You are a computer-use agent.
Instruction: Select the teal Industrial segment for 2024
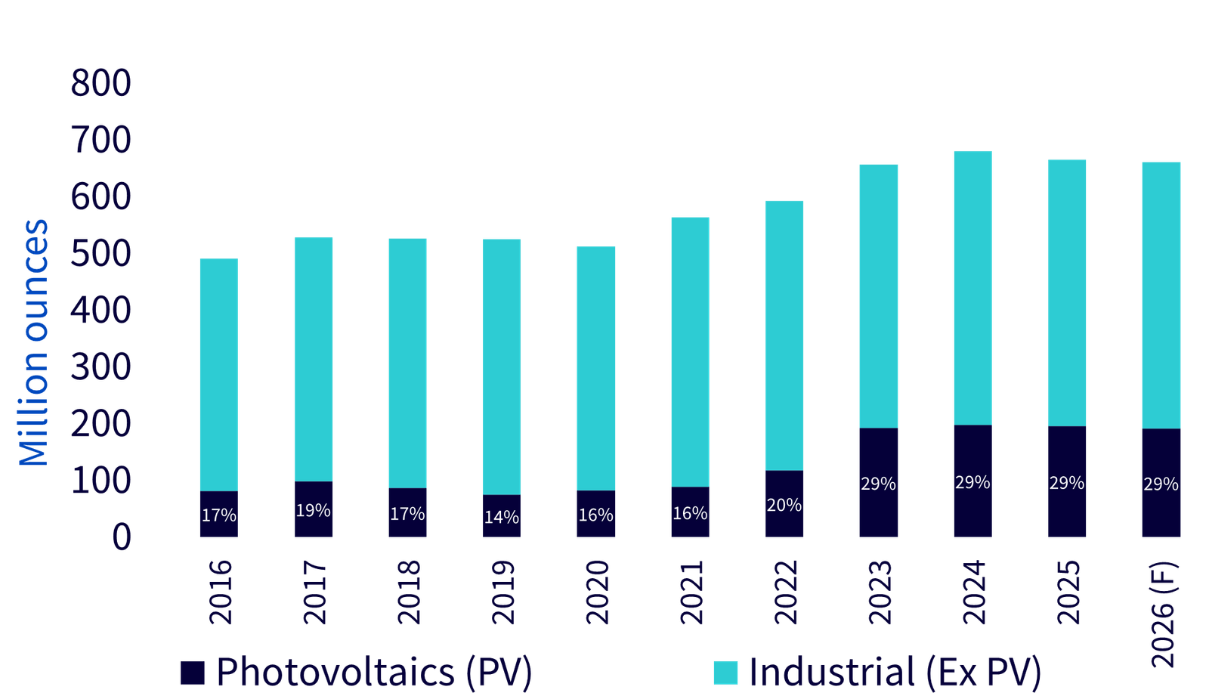(x=972, y=287)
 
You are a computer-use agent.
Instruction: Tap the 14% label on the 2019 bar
(x=502, y=518)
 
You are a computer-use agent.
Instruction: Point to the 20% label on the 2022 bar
(x=784, y=505)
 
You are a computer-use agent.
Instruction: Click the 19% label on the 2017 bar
(x=313, y=511)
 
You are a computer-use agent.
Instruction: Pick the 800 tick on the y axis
(x=100, y=82)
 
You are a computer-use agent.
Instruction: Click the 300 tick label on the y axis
(x=100, y=367)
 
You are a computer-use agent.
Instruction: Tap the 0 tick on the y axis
(x=121, y=537)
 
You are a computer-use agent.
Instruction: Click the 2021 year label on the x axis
(x=691, y=592)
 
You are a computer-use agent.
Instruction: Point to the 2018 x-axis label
(x=408, y=592)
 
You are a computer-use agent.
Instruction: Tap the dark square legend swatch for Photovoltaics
(x=193, y=673)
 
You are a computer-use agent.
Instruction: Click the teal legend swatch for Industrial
(x=725, y=673)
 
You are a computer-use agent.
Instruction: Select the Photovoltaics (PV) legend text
(x=375, y=671)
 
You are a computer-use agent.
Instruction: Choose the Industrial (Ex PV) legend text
(x=895, y=671)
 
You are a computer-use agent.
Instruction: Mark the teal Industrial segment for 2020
(x=596, y=368)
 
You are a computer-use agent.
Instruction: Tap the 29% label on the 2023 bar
(x=878, y=484)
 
